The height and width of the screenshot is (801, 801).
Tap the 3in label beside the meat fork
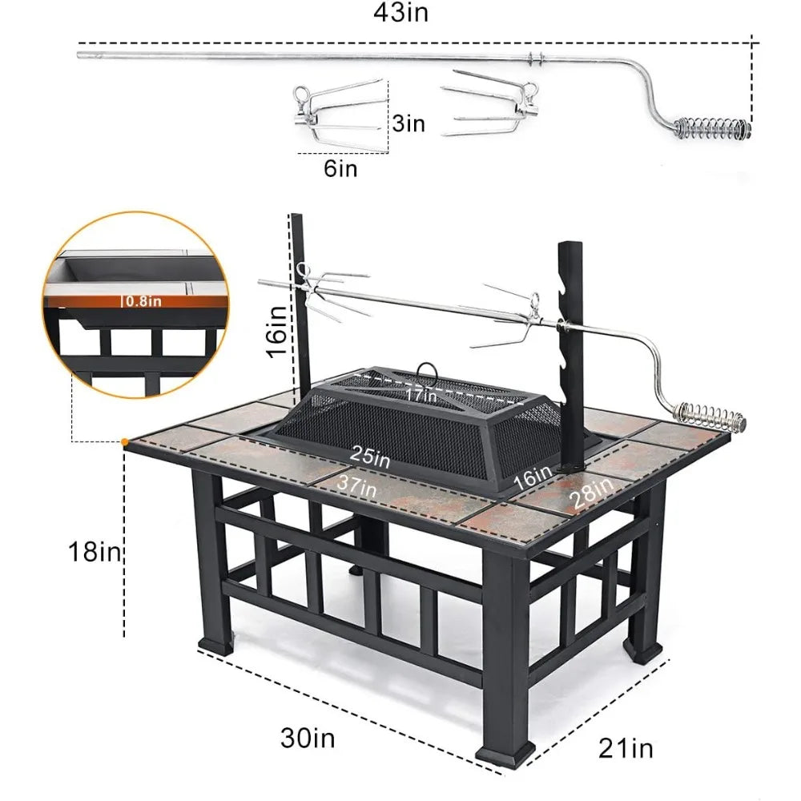[408, 123]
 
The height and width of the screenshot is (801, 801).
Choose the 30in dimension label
[308, 738]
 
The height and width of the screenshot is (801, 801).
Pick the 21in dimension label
[626, 748]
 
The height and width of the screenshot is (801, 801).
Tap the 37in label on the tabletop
[356, 483]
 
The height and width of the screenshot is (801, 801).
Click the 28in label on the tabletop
[590, 489]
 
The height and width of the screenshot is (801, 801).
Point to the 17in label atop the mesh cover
[421, 394]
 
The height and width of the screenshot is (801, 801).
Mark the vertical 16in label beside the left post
[276, 330]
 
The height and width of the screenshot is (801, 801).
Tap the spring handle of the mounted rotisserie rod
[710, 415]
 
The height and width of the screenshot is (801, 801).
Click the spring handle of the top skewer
[712, 127]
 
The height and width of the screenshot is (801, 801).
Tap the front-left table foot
[212, 640]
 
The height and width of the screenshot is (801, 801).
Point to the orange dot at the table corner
[125, 441]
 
